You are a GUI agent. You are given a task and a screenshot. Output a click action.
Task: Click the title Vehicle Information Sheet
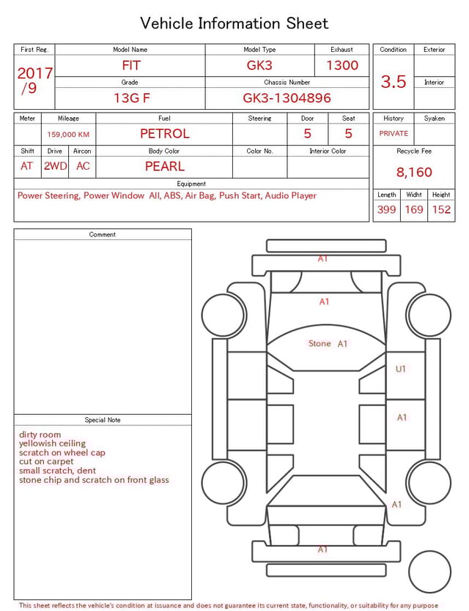234,23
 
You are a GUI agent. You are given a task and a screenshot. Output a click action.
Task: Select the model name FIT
130,65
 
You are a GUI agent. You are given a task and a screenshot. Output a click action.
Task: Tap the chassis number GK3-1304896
287,97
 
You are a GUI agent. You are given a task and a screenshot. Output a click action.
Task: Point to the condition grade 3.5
394,82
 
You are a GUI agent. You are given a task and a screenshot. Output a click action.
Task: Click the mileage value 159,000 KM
68,135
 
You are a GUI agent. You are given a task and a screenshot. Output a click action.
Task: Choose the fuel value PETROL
164,133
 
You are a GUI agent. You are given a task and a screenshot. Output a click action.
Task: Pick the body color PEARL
164,166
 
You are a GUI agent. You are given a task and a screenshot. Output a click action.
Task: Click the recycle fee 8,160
414,172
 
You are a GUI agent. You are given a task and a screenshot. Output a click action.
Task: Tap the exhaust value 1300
342,65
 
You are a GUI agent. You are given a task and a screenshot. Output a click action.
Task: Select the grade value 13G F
131,97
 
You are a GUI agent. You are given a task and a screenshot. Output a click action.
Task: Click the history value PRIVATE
394,133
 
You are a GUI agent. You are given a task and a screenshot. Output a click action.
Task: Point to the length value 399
386,209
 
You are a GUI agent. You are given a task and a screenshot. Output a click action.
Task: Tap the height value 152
441,209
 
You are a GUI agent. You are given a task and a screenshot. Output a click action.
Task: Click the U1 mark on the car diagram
400,369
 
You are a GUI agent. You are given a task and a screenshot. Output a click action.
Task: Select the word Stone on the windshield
320,343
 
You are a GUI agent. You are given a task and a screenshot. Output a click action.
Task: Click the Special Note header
103,420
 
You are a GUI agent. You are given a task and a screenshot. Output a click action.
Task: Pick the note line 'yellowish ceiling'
52,443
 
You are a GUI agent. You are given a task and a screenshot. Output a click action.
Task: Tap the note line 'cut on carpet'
46,462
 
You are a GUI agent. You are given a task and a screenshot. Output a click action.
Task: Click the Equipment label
191,184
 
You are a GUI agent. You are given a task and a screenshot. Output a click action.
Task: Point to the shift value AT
27,166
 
